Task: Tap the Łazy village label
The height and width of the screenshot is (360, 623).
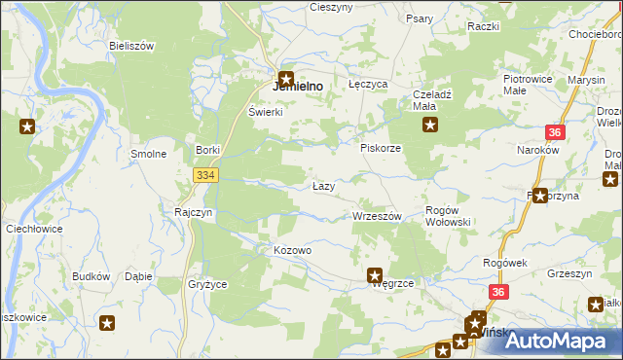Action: coord(324,186)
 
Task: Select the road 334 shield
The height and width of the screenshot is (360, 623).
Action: coord(204,174)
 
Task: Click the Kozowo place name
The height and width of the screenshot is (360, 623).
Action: coord(292,250)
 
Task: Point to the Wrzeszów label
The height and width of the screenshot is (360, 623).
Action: coord(376,216)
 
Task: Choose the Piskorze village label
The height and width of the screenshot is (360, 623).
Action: coord(381,148)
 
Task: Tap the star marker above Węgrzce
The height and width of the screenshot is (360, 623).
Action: coord(374,276)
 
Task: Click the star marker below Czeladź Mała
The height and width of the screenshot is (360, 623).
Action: coord(429,125)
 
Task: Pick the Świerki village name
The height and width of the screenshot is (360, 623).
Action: coord(265,112)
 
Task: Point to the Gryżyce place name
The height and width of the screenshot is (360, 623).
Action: coord(206,284)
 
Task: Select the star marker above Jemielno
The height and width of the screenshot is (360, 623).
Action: coord(286,80)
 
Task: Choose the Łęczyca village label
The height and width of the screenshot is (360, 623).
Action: coord(368,86)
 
